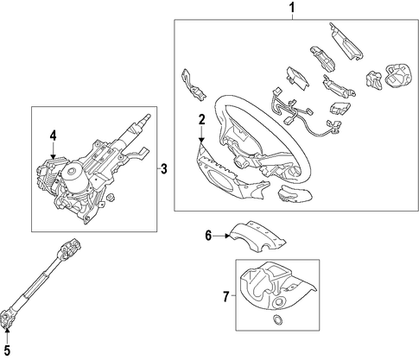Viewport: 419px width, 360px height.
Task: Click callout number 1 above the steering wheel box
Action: pyautogui.click(x=292, y=8)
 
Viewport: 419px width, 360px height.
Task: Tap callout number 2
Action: pyautogui.click(x=201, y=119)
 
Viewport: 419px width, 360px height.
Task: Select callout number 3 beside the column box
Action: pyautogui.click(x=163, y=168)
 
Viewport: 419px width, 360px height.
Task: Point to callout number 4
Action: pyautogui.click(x=54, y=136)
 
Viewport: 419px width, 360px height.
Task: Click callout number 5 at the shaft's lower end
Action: pyautogui.click(x=7, y=351)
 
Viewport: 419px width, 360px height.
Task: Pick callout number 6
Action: pyautogui.click(x=208, y=236)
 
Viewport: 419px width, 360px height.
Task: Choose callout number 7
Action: pyautogui.click(x=226, y=297)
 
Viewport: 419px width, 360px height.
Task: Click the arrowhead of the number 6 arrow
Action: pyautogui.click(x=227, y=236)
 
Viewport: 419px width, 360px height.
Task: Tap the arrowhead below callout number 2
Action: pyautogui.click(x=201, y=140)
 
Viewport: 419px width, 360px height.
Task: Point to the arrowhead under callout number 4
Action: pyautogui.click(x=54, y=157)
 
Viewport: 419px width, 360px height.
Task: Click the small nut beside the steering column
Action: pyautogui.click(x=109, y=198)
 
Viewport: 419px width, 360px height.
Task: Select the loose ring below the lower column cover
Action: pyautogui.click(x=277, y=319)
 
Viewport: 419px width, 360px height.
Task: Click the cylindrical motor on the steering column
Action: pyautogui.click(x=71, y=175)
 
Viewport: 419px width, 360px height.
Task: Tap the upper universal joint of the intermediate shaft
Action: pyautogui.click(x=70, y=248)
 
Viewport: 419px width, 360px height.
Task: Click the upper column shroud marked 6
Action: pyautogui.click(x=257, y=236)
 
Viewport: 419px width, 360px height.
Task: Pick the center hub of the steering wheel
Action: pyautogui.click(x=239, y=162)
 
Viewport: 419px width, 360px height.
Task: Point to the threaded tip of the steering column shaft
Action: pyautogui.click(x=146, y=117)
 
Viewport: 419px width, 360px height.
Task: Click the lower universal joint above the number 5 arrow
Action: pyautogui.click(x=6, y=319)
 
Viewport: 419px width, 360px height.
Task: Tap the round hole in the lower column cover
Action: pyautogui.click(x=279, y=302)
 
